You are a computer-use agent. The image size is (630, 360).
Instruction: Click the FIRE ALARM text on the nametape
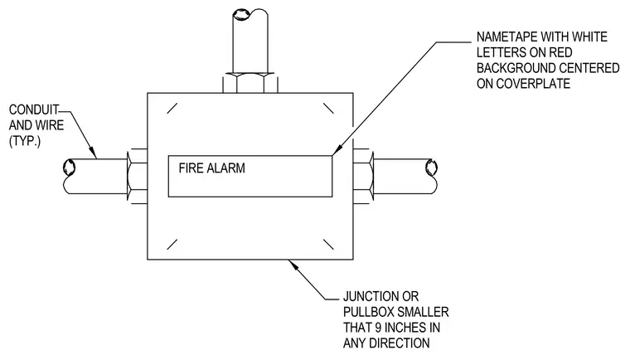pos(211,168)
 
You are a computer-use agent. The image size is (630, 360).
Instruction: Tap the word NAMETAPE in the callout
pos(507,37)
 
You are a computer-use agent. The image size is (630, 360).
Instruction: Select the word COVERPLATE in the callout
pos(533,84)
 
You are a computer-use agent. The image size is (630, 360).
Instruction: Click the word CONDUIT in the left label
pos(34,109)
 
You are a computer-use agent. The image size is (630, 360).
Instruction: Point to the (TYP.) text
pos(25,141)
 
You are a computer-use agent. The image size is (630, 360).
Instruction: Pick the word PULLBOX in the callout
pos(367,313)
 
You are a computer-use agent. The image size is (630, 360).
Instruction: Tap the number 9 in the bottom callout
pos(378,328)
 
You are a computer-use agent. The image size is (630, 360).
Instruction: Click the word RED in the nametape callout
pos(560,53)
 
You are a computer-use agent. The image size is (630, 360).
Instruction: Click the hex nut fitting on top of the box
pos(250,83)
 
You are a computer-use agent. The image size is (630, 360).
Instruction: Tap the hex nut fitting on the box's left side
pos(137,176)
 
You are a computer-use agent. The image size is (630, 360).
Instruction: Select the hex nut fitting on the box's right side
pos(364,176)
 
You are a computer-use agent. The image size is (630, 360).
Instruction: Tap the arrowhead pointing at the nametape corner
pos(337,149)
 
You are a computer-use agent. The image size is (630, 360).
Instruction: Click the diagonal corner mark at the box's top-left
pos(172,108)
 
